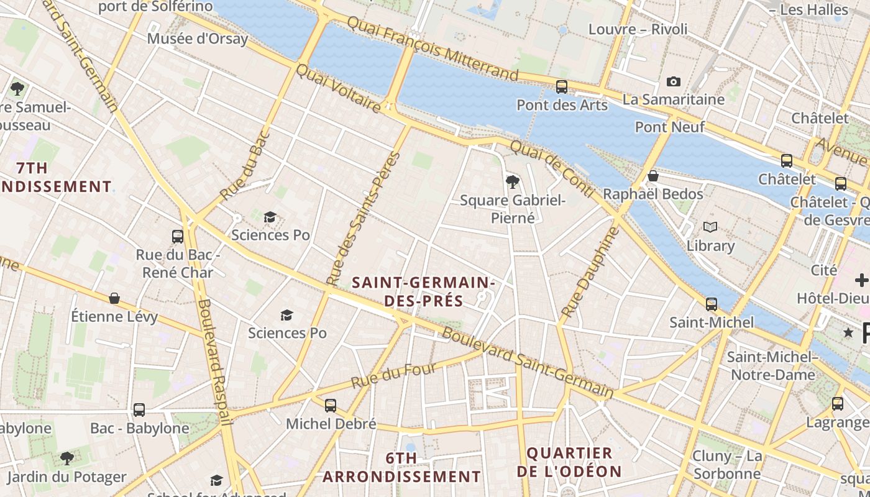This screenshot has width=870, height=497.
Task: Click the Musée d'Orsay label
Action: (198, 39)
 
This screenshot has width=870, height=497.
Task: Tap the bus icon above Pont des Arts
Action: (562, 86)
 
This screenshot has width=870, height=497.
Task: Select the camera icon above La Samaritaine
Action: (673, 81)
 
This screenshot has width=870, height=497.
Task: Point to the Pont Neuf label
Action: (669, 127)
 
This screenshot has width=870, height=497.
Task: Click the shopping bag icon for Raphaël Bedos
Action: (652, 176)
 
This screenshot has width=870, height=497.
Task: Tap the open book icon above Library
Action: (710, 227)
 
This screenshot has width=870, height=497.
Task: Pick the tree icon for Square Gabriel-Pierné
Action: (513, 181)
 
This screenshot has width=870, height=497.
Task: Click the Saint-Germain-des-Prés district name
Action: (423, 291)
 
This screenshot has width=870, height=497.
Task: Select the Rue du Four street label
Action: (393, 375)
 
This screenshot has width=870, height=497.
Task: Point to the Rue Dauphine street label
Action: (590, 272)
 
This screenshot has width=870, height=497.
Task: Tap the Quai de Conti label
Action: (552, 168)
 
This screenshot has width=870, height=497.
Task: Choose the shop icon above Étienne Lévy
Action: (114, 298)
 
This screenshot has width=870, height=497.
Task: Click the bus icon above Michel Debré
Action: (331, 405)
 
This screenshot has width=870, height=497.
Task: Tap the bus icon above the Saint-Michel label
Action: (711, 304)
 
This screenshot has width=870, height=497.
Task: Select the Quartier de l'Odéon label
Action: (569, 462)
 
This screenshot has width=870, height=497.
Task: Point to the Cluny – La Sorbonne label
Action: (726, 465)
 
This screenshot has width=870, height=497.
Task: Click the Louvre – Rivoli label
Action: (638, 29)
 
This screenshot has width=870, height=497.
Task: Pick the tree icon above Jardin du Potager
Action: (66, 458)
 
